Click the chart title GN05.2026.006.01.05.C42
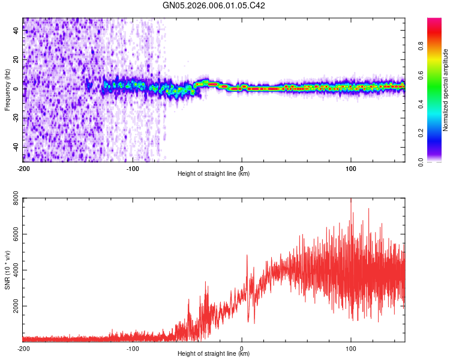(214, 6)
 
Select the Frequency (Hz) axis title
(7, 90)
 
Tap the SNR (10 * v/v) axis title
(7, 270)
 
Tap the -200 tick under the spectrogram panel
(23, 168)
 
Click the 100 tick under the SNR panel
(351, 348)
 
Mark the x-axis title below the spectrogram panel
(214, 174)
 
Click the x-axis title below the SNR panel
(214, 354)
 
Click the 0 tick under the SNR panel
(242, 348)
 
